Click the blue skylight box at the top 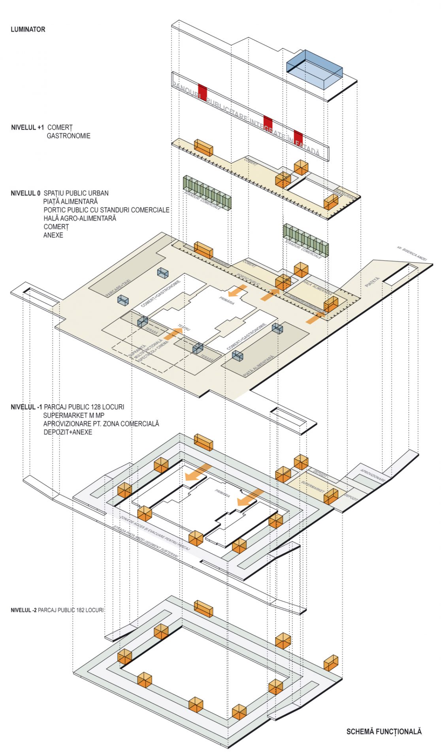314,69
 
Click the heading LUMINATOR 28,30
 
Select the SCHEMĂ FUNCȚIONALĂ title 384,731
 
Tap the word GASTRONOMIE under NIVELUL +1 68,136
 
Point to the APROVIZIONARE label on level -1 373,475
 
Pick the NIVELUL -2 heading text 24,610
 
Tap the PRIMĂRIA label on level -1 222,493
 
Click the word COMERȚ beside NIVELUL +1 60,128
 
